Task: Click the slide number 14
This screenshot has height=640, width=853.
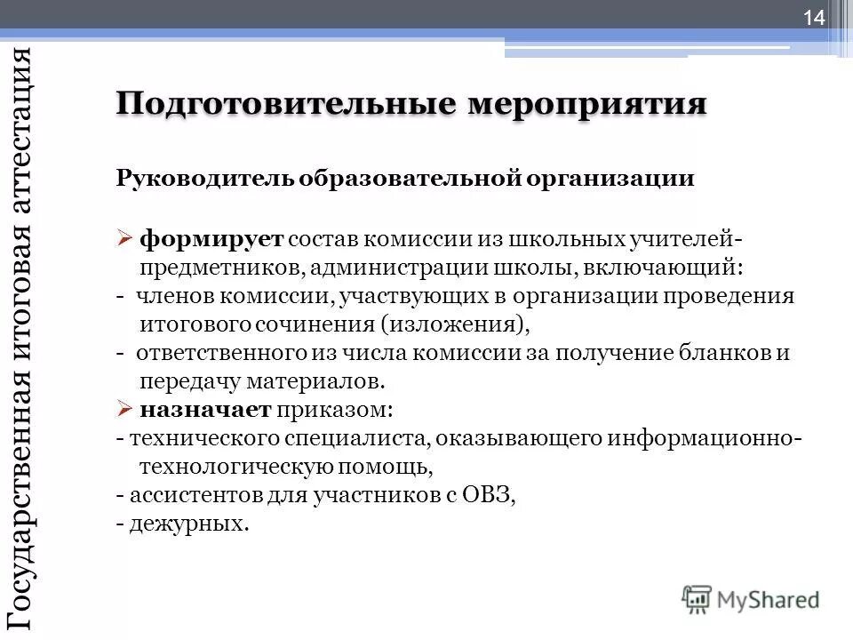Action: point(815,17)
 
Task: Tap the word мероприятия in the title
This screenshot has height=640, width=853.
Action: point(587,104)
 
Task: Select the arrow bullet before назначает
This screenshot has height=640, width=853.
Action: point(124,410)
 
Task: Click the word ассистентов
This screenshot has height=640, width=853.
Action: point(190,495)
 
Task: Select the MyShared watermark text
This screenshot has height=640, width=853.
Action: point(768,601)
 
